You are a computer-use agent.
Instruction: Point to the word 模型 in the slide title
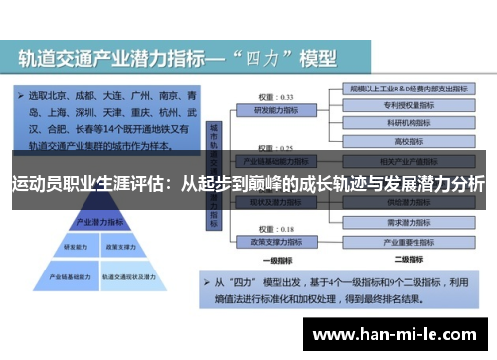(x=317, y=58)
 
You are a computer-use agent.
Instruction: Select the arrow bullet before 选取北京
(x=20, y=96)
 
